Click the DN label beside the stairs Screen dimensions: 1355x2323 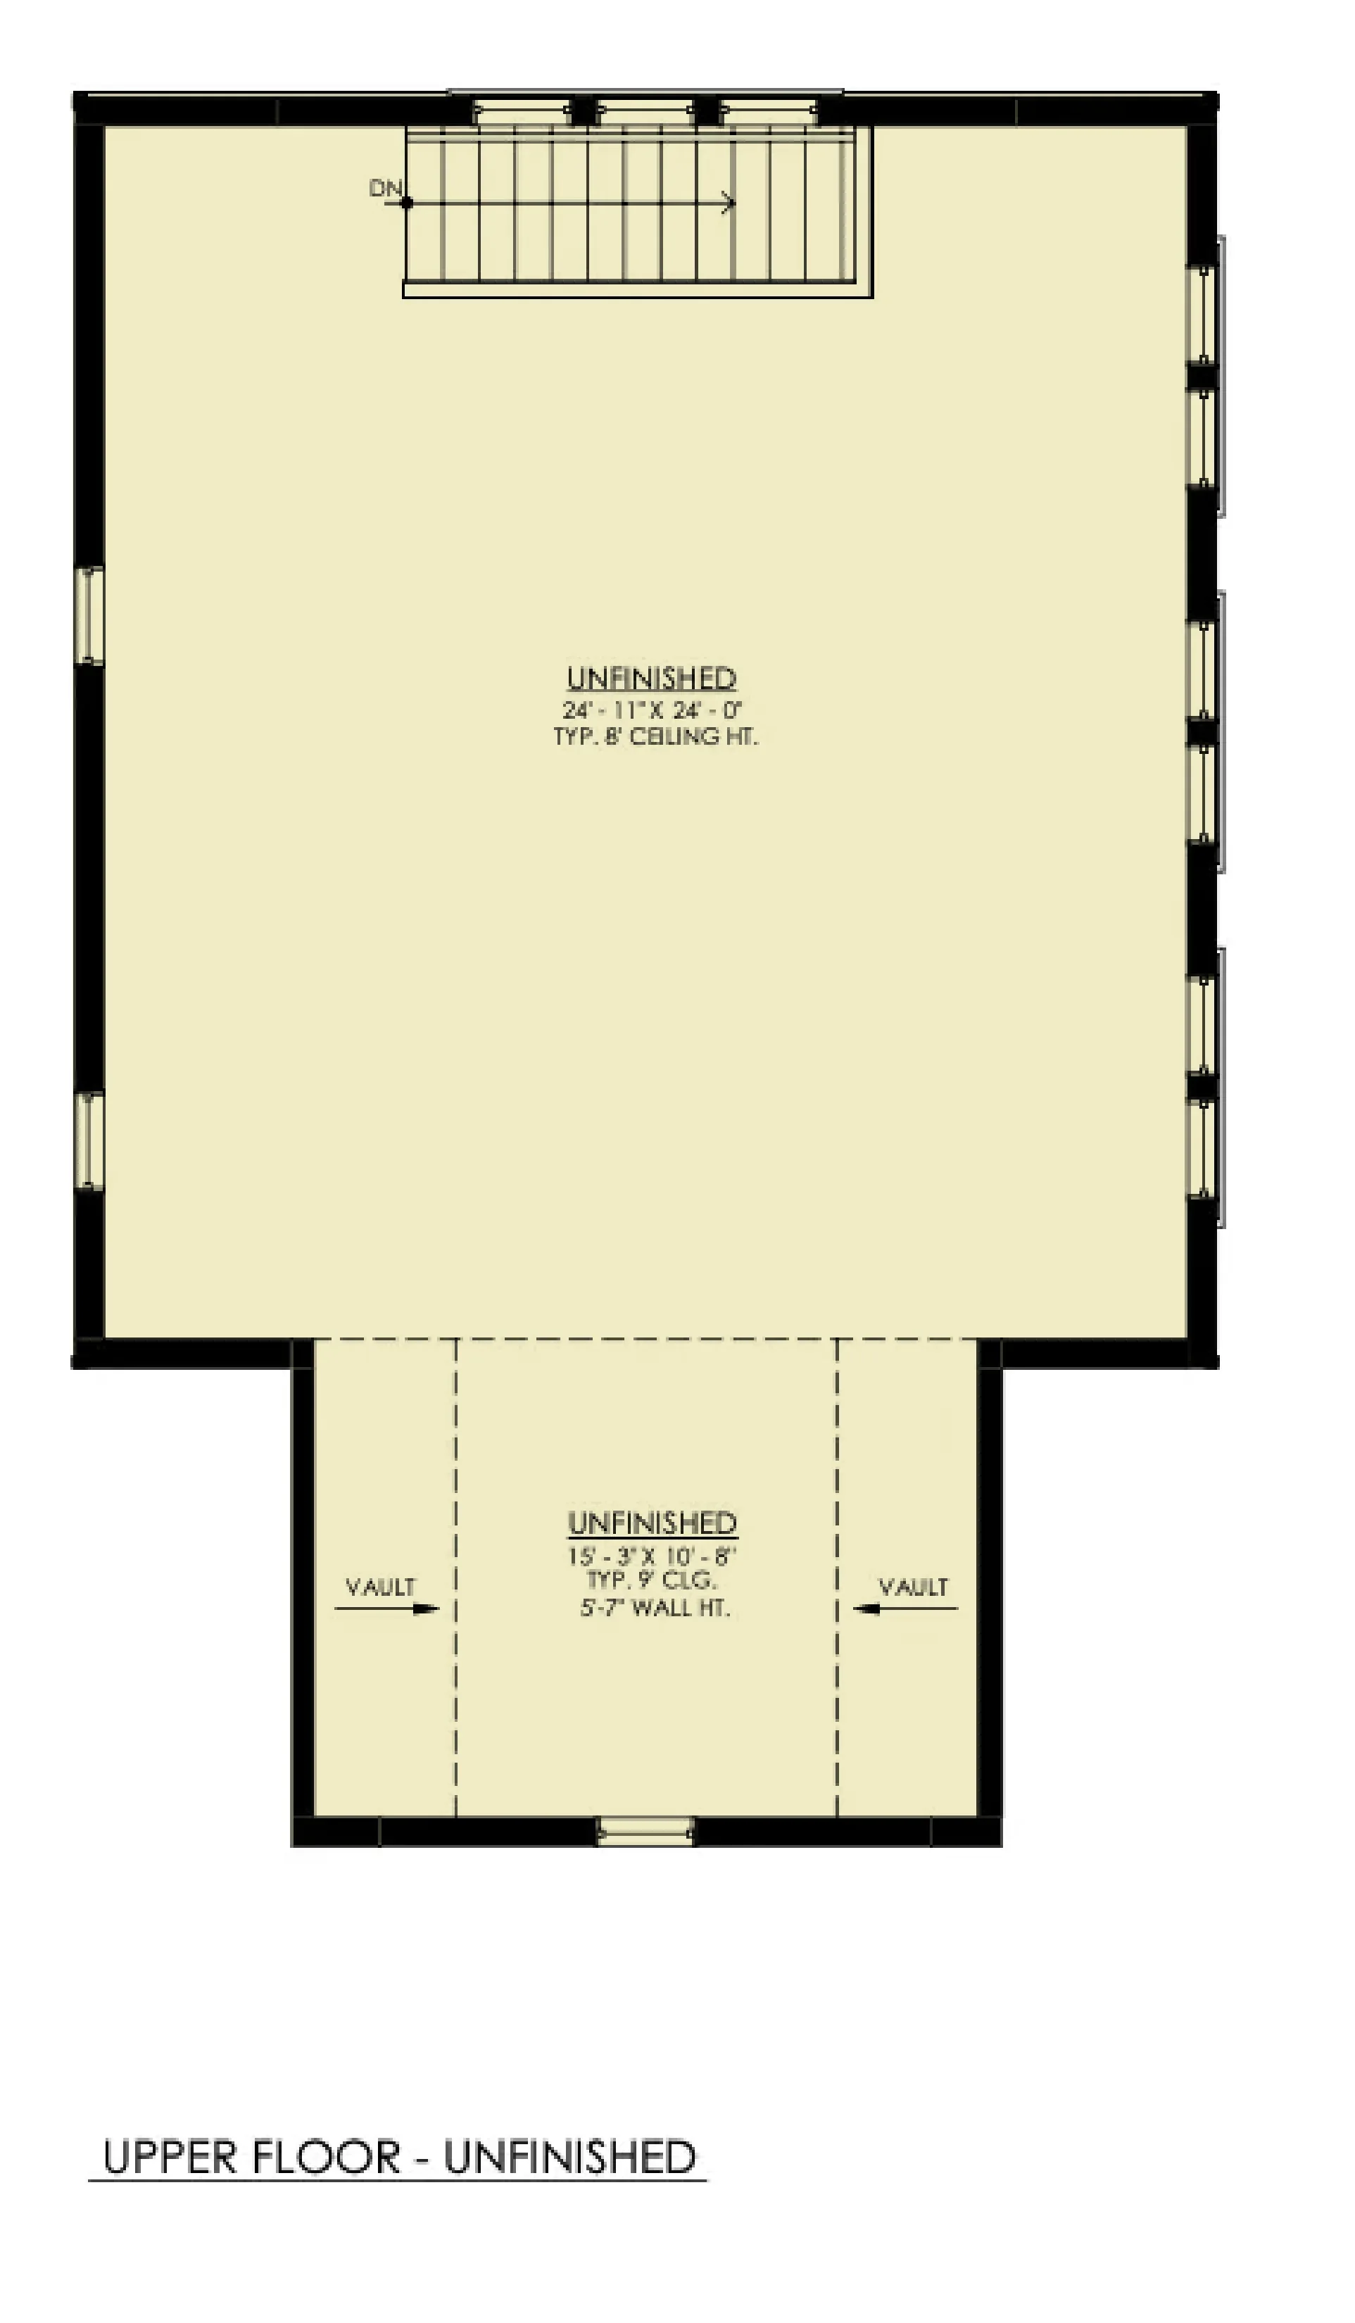[x=385, y=188]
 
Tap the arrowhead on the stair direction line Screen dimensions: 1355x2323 [x=729, y=203]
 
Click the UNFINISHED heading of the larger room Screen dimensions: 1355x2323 [x=651, y=679]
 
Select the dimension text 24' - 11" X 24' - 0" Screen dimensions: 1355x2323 [x=653, y=710]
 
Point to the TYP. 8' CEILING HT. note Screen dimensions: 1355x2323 [x=655, y=736]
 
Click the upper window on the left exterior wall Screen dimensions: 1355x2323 [x=89, y=616]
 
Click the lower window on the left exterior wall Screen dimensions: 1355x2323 [x=89, y=1140]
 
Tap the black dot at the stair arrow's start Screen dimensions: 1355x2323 [x=407, y=203]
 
